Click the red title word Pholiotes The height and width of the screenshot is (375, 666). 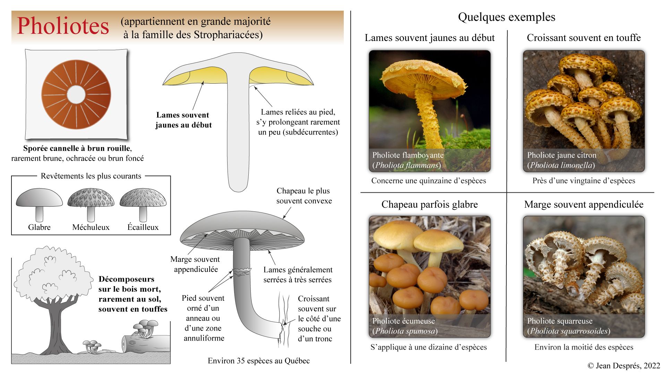tap(63, 26)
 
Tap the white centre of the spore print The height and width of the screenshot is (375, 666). tap(76, 94)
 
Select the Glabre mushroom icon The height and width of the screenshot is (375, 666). tap(39, 203)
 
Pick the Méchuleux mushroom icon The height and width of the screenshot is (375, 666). tap(91, 203)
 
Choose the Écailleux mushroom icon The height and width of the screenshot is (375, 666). tap(143, 203)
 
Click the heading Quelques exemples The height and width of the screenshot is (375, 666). tap(506, 17)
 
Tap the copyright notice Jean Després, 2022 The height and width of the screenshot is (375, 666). tap(624, 365)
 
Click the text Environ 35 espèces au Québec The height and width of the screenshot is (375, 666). tap(259, 361)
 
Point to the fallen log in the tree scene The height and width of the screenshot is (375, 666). tap(146, 343)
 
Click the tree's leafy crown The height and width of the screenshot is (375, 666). tap(52, 274)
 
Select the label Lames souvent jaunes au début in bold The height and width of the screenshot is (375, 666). tap(183, 120)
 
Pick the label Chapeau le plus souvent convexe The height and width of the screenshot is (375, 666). tap(304, 196)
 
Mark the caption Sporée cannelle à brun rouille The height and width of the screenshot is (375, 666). tap(77, 149)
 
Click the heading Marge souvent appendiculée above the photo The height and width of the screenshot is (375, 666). tap(584, 205)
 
